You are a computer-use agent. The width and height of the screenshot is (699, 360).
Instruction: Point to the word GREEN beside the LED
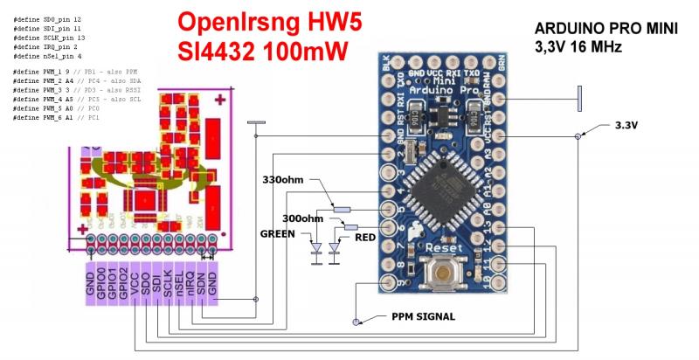[279, 234]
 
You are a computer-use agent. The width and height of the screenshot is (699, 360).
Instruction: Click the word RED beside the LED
[365, 236]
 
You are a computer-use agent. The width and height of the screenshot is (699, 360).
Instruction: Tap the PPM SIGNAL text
[423, 316]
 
